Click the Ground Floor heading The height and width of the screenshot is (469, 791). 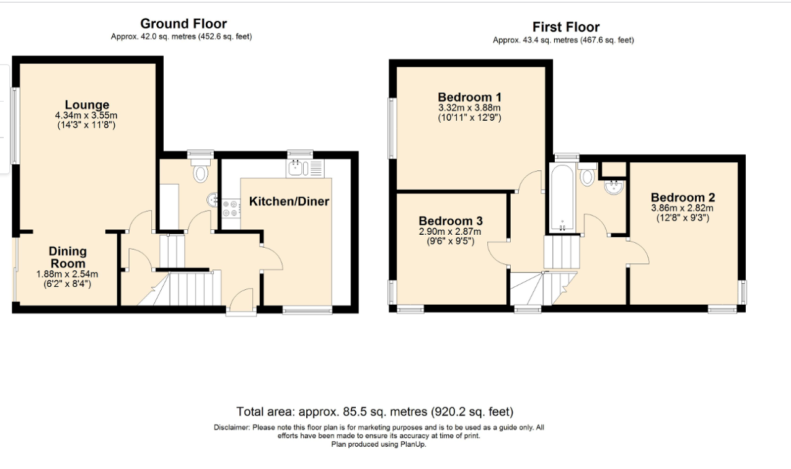pyautogui.click(x=183, y=24)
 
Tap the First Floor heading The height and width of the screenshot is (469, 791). pyautogui.click(x=566, y=27)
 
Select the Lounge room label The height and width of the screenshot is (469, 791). pyautogui.click(x=87, y=105)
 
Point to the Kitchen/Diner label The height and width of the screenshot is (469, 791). pyautogui.click(x=289, y=201)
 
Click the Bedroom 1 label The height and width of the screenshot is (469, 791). pyautogui.click(x=470, y=97)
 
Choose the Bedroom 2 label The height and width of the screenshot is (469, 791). pyautogui.click(x=683, y=197)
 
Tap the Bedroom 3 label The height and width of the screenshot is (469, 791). pyautogui.click(x=451, y=221)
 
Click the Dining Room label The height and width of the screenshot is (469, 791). pyautogui.click(x=68, y=257)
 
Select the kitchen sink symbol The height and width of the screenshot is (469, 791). pyautogui.click(x=305, y=168)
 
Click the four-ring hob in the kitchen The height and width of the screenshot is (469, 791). pyautogui.click(x=231, y=208)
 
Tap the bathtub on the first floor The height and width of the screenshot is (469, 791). pyautogui.click(x=562, y=198)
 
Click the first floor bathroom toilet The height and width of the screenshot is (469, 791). pyautogui.click(x=587, y=174)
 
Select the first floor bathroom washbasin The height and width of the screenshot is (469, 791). pyautogui.click(x=614, y=187)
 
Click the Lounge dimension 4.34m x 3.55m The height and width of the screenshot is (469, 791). pyautogui.click(x=86, y=115)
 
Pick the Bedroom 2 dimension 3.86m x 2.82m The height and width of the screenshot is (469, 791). pyautogui.click(x=683, y=208)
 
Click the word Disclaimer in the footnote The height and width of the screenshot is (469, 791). pyautogui.click(x=232, y=427)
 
